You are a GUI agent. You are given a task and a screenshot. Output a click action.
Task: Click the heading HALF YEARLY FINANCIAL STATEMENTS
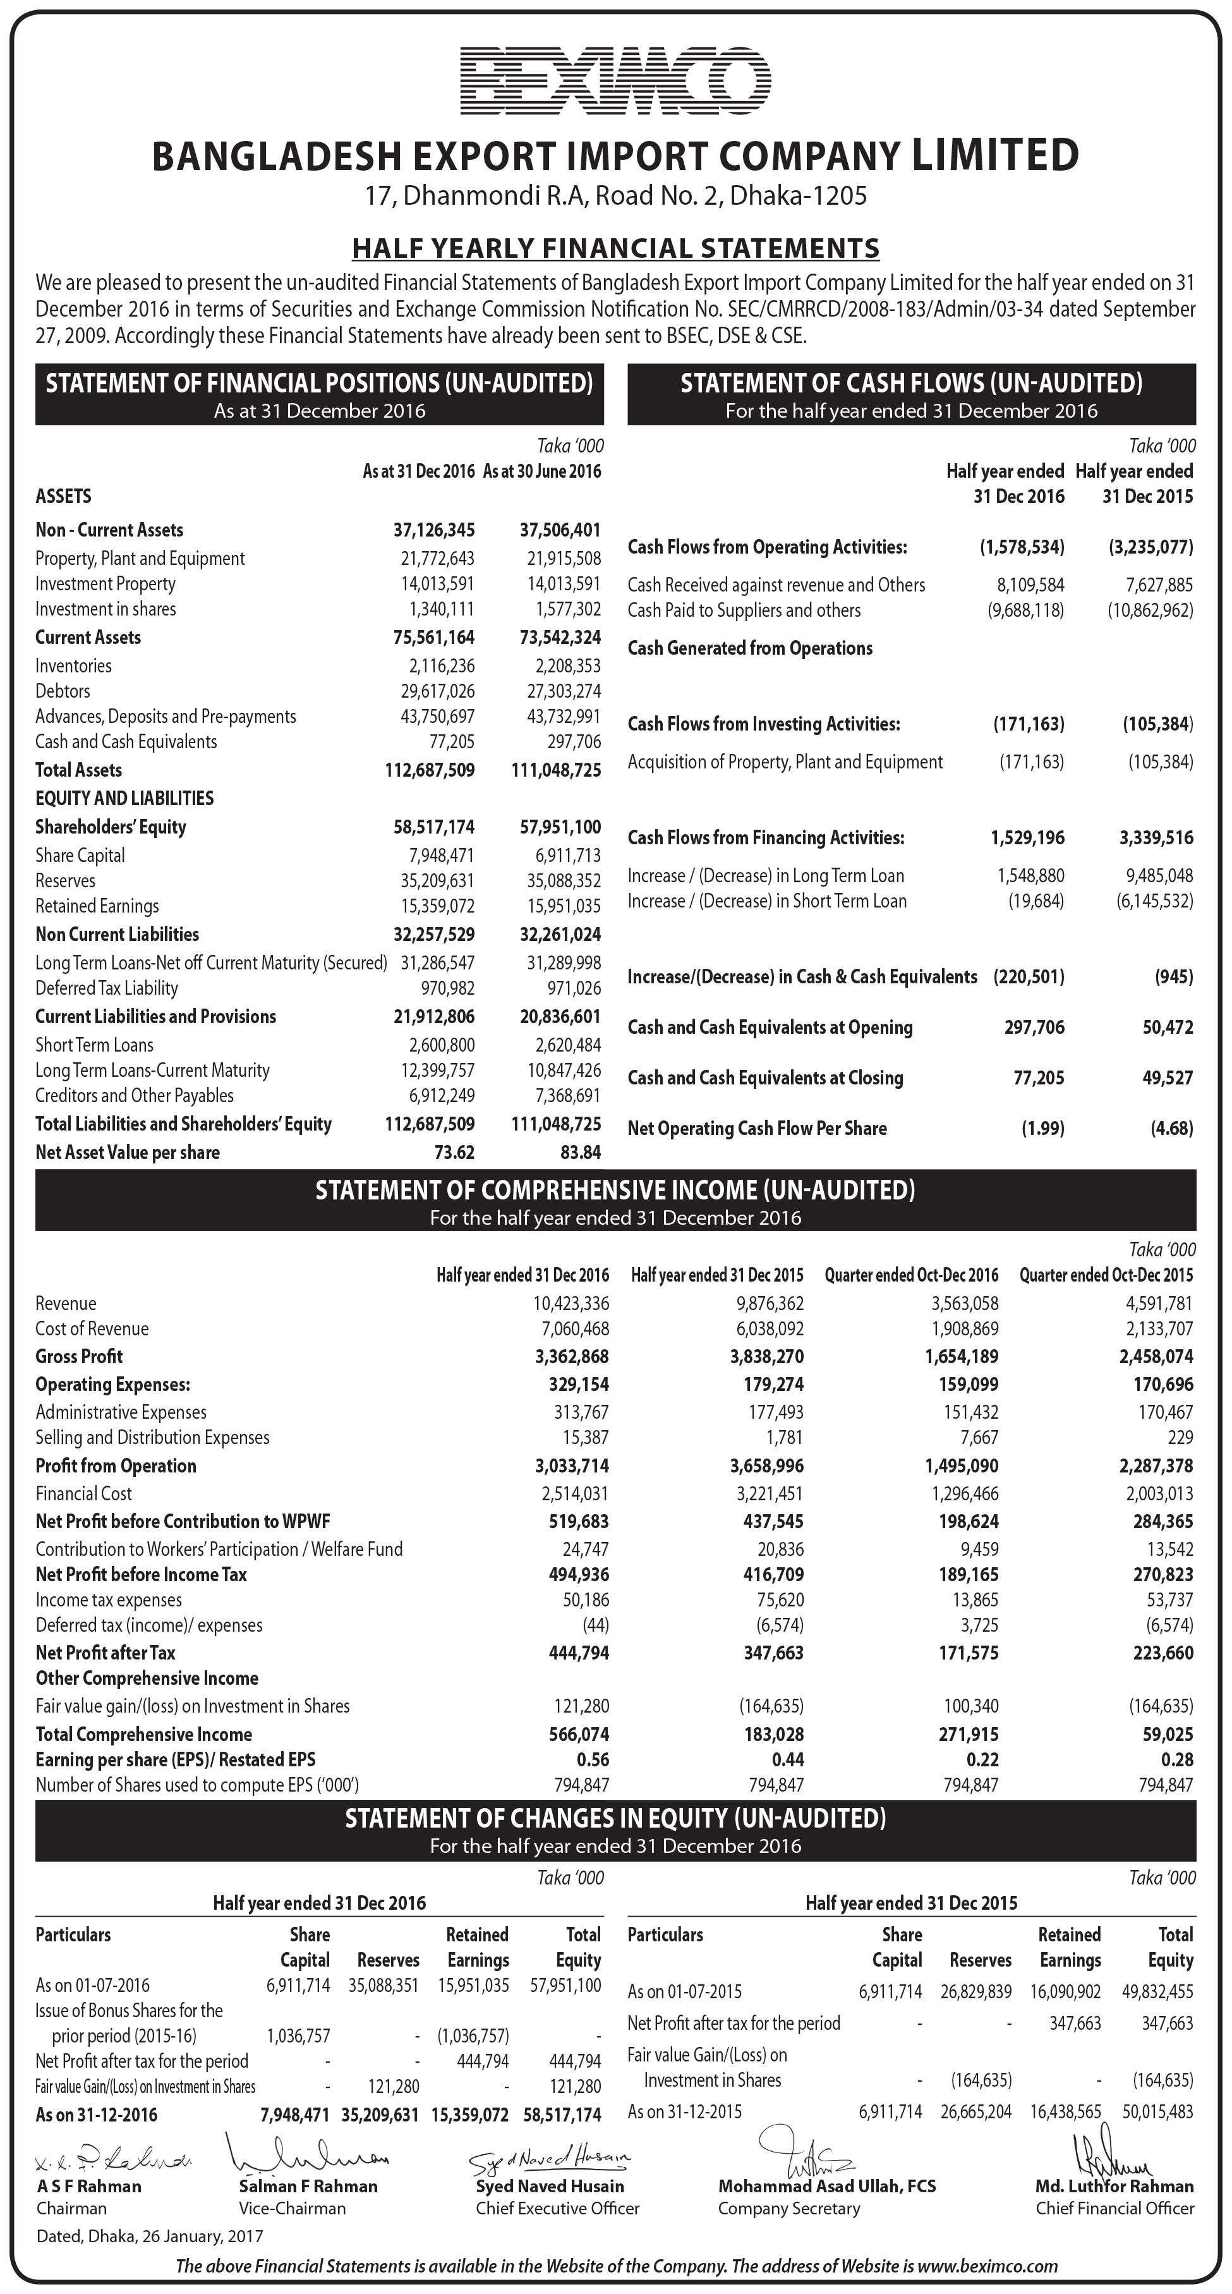615,248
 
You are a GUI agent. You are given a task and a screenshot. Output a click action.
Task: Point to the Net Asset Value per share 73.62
454,1152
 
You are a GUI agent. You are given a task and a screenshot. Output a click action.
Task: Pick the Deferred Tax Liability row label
107,988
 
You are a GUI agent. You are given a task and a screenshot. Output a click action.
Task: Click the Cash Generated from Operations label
749,648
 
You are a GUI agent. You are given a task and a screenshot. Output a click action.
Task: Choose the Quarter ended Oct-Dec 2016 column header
912,1275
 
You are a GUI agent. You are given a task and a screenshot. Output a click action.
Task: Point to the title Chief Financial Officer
1114,2209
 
